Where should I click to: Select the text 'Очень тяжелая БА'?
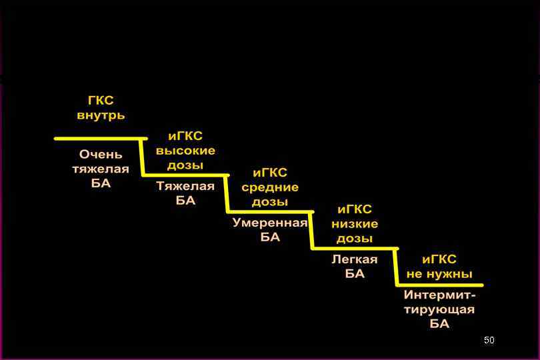point(101,169)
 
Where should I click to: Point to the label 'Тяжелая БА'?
point(185,193)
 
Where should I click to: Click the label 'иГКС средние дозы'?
point(270,187)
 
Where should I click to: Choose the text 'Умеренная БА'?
point(270,229)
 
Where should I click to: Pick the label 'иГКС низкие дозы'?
point(355,224)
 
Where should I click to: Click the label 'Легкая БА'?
point(355,266)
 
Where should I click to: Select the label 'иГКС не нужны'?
point(439,267)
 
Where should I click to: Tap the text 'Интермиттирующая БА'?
point(439,309)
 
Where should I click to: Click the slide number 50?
point(489,341)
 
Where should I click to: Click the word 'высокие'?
point(185,151)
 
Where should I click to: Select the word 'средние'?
point(270,187)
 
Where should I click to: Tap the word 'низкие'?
point(355,224)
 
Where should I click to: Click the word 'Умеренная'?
point(270,223)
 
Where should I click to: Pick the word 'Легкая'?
point(355,259)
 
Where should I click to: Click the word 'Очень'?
point(101,155)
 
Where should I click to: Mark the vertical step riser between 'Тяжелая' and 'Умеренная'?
point(227,193)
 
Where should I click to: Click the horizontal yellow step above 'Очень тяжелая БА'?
point(100,139)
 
